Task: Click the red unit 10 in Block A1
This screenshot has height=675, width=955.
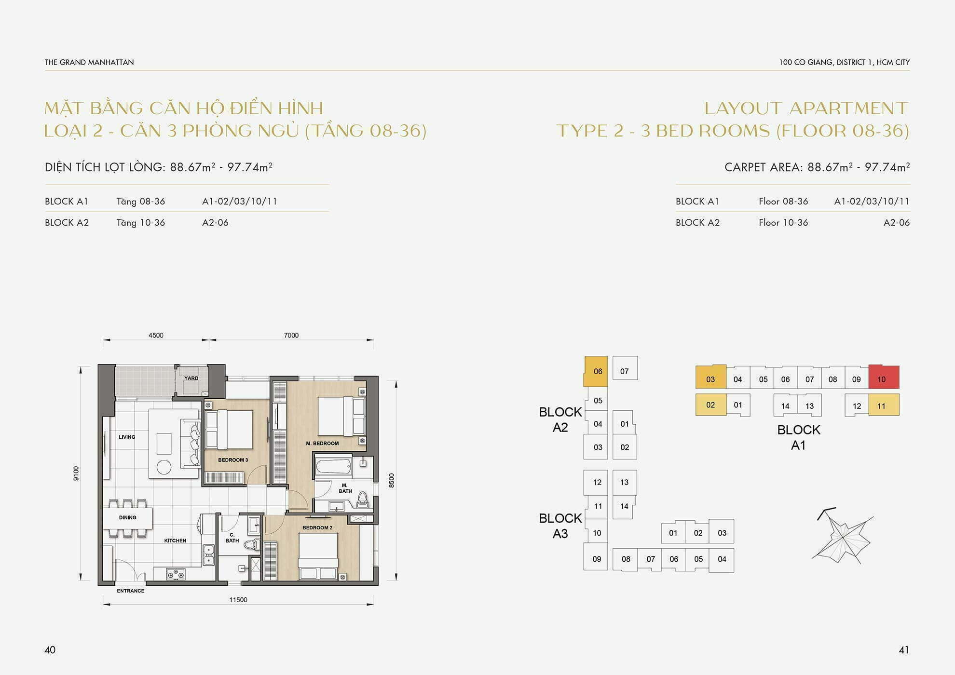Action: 884,377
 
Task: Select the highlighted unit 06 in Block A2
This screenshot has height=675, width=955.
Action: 596,371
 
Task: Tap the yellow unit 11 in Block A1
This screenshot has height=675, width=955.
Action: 884,405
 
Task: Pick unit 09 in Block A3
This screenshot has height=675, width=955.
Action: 596,558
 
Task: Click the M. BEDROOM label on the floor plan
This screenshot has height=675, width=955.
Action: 322,444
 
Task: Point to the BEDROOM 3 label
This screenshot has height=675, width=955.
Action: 233,460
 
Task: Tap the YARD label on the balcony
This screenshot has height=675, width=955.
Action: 191,378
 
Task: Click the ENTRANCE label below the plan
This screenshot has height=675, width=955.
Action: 130,591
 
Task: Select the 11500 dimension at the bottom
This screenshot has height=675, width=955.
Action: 238,600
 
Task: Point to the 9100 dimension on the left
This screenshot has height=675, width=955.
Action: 76,473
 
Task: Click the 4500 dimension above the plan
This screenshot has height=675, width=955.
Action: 156,335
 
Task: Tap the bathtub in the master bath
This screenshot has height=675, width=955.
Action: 333,467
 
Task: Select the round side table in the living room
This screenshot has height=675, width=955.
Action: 164,467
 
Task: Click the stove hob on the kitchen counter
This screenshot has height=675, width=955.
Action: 176,574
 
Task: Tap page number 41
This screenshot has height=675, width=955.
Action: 904,650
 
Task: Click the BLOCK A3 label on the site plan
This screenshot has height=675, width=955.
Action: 560,526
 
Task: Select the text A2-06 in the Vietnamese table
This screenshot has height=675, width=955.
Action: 215,223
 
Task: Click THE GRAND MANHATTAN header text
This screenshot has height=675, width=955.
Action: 89,62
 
